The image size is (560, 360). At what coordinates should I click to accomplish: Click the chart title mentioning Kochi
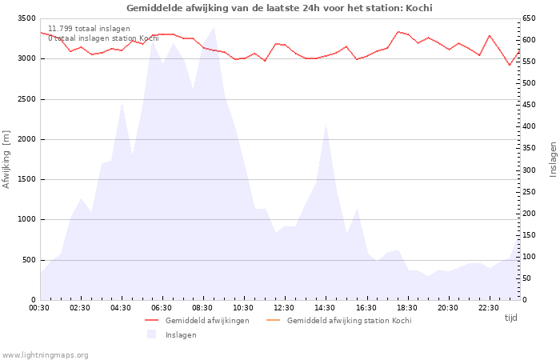[x=279, y=8]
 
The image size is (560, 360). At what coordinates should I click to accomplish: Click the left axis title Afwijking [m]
[x=6, y=159]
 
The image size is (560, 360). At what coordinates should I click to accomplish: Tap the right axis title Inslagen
[x=552, y=159]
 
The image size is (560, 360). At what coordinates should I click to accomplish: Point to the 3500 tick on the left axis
[x=26, y=18]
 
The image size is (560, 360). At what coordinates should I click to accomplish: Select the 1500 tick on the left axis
[x=26, y=179]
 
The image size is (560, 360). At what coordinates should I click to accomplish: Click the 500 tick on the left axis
[x=29, y=260]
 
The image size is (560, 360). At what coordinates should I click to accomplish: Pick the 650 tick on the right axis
[x=530, y=18]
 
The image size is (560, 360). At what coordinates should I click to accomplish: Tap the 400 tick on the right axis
[x=530, y=126]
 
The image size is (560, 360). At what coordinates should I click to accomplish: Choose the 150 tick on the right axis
[x=530, y=235]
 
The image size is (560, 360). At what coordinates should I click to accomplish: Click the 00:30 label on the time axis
[x=39, y=308]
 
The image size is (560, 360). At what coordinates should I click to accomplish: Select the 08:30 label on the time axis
[x=202, y=308]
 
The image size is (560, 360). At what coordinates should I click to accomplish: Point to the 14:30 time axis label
[x=325, y=308]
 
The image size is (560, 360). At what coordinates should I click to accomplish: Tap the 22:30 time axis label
[x=488, y=308]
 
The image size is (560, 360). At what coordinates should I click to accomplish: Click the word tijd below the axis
[x=510, y=318]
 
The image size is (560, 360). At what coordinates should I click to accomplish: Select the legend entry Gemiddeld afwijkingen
[x=207, y=321]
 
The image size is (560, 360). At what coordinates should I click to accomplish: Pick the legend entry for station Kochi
[x=349, y=321]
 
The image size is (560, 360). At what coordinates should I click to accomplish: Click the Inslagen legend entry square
[x=151, y=334]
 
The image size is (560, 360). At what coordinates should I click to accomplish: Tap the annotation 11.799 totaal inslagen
[x=89, y=29]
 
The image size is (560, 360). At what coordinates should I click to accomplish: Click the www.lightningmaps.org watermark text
[x=46, y=354]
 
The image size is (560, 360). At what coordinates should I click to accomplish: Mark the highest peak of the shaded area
[x=214, y=28]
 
